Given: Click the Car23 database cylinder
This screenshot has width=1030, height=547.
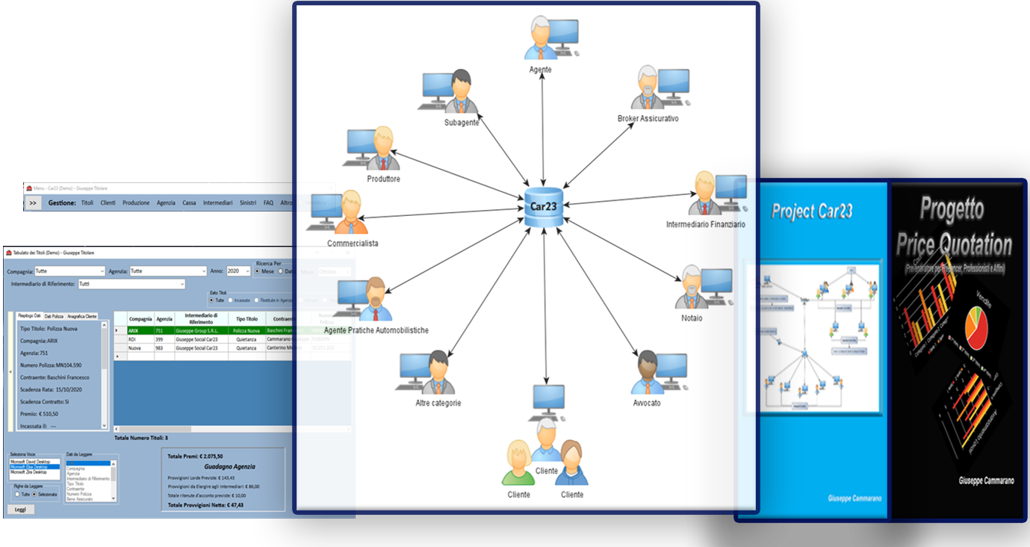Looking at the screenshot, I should (x=544, y=207).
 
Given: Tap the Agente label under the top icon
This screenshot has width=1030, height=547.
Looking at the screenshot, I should (x=540, y=69).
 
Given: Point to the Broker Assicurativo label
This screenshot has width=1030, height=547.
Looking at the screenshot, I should (x=648, y=119).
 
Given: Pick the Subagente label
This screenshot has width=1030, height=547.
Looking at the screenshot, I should (x=461, y=123).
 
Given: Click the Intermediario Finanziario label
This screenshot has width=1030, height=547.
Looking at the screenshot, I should (x=705, y=224).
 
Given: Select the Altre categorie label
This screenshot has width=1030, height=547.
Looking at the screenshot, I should (x=438, y=403).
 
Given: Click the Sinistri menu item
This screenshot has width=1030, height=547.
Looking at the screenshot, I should (x=247, y=203).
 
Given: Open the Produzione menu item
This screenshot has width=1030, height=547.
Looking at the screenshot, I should (x=136, y=203).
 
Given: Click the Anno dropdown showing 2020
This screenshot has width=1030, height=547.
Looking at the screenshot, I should (x=238, y=271).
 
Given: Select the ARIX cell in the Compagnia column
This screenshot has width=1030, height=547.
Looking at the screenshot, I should (x=134, y=330).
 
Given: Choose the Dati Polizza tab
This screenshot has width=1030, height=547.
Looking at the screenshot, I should (x=52, y=317).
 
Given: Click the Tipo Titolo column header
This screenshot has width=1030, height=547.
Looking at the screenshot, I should (x=246, y=319).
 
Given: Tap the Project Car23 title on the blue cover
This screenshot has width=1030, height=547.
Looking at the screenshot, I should (x=811, y=211).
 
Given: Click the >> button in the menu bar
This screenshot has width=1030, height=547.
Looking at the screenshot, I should (x=33, y=203).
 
